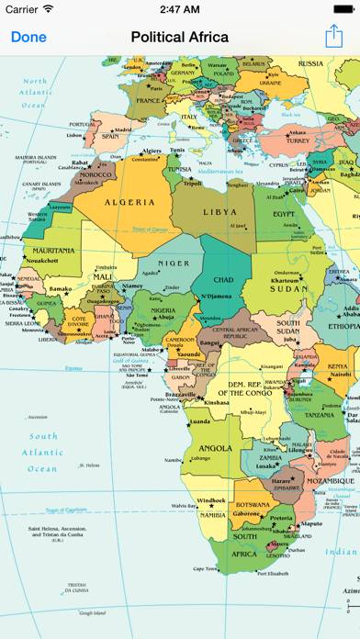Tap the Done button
(28, 37)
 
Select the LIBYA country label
(219, 212)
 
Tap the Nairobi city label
(338, 375)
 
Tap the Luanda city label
(197, 422)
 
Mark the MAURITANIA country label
(53, 250)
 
